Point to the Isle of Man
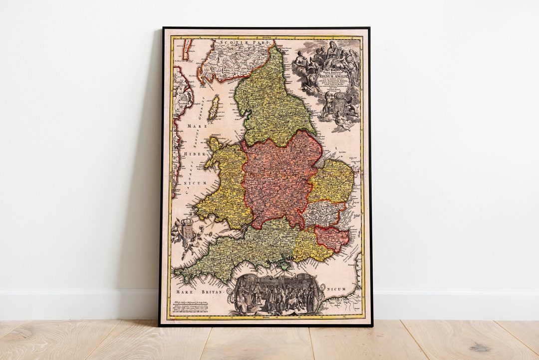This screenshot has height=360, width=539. click(214, 108)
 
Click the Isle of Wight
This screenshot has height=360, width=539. click(285, 265)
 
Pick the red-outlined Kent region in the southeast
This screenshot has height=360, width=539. click(331, 238)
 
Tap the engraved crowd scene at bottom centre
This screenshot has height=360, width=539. click(275, 295)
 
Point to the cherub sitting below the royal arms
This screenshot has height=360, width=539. click(342, 120)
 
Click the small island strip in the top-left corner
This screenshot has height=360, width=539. click(187, 49)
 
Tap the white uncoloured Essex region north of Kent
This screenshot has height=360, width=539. click(323, 213)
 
